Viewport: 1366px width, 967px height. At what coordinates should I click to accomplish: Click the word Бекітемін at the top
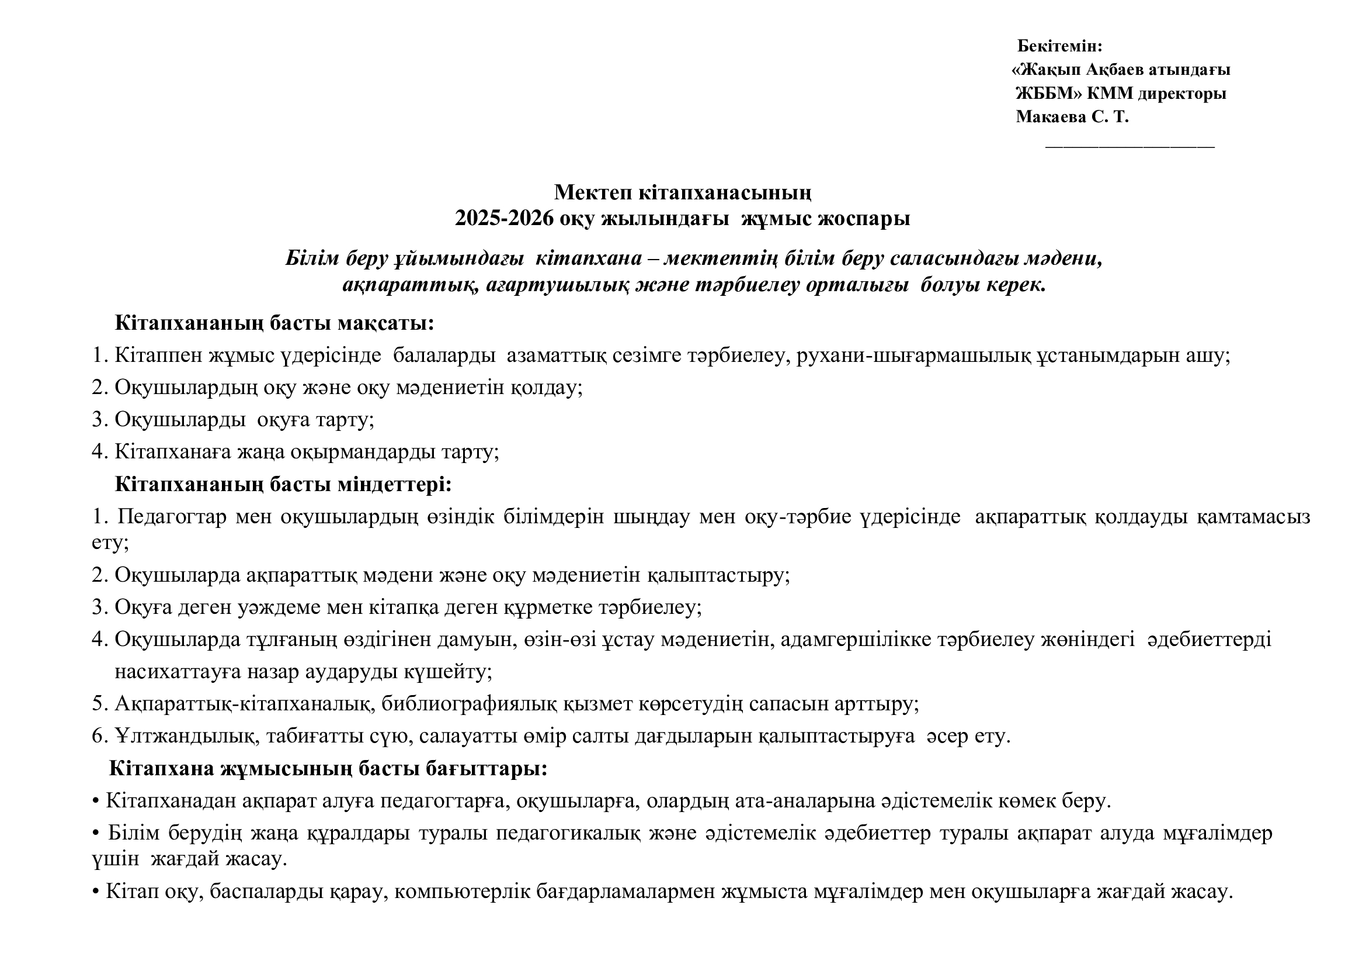[x=1059, y=46]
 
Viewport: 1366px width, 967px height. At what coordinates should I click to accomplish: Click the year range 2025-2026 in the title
[x=504, y=219]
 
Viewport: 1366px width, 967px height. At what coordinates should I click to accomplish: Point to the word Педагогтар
[x=172, y=517]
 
